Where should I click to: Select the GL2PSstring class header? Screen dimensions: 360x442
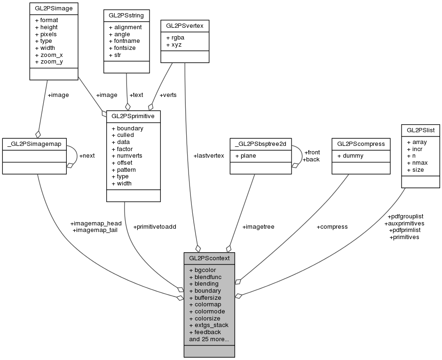click(126, 15)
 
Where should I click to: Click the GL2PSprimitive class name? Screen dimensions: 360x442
click(134, 115)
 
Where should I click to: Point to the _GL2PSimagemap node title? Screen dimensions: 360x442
click(35, 143)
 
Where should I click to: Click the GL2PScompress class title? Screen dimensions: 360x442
click(361, 143)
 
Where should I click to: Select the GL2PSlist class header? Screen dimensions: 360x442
click(419, 129)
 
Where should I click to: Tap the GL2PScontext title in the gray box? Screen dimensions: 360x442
click(209, 258)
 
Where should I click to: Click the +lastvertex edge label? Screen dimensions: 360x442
click(209, 155)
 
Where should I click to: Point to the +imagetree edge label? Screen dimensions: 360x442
click(258, 227)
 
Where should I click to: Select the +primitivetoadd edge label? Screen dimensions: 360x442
click(155, 227)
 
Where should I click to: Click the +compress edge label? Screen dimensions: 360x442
click(332, 227)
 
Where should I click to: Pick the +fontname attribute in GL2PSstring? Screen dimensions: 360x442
click(124, 41)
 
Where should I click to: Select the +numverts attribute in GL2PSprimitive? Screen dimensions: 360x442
click(127, 156)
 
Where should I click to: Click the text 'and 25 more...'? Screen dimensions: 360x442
click(209, 339)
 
